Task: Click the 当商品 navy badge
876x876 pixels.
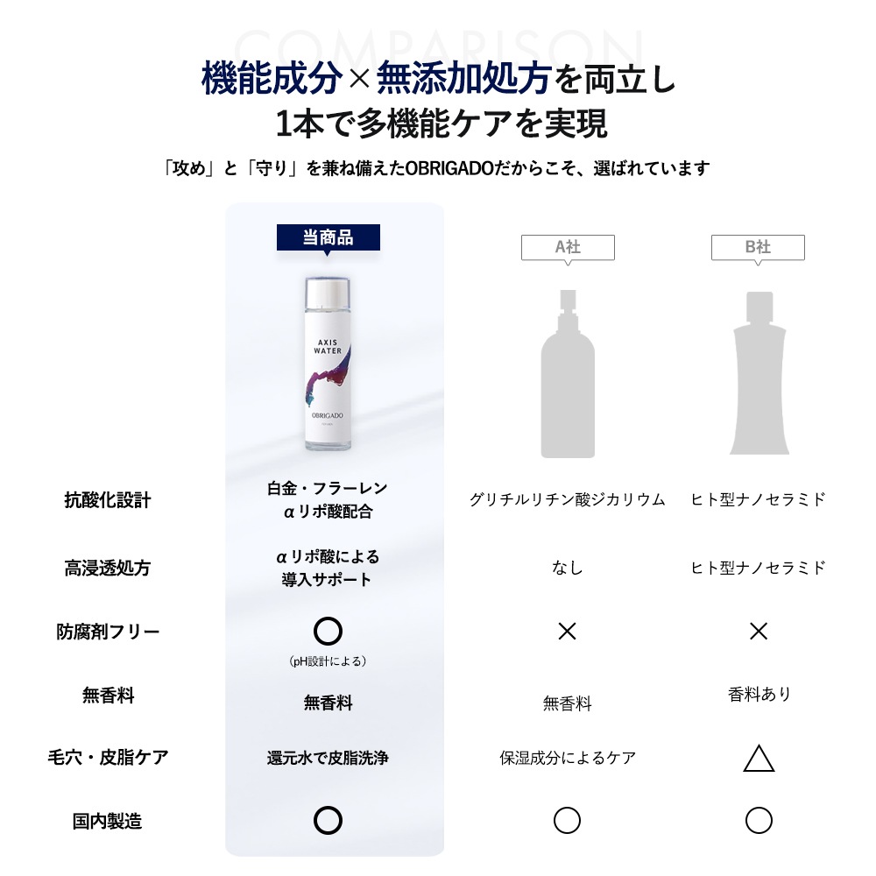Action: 328,237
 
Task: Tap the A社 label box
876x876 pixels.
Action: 568,247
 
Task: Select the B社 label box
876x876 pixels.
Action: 758,247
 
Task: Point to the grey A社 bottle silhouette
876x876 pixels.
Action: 568,377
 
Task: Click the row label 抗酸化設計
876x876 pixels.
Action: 108,500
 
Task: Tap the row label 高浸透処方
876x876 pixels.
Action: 108,568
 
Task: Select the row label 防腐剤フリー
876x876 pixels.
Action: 108,632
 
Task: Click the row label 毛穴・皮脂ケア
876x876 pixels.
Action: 108,757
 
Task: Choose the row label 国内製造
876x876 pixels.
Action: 108,821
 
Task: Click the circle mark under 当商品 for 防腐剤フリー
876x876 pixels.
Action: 328,631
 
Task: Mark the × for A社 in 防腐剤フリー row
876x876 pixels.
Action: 568,632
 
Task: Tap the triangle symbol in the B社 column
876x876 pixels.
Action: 759,759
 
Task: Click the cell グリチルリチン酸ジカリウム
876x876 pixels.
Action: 568,500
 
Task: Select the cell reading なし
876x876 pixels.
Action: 568,568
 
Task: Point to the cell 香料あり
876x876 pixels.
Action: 759,694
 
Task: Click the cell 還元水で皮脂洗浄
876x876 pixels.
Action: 328,758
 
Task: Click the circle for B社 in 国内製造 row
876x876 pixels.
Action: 759,821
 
